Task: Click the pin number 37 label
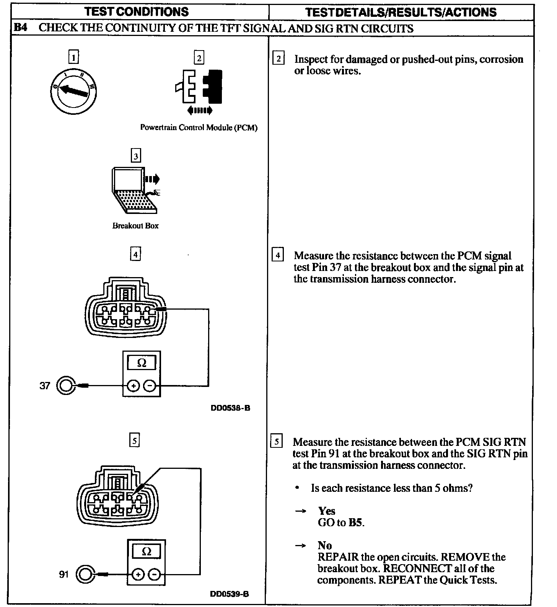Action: point(45,385)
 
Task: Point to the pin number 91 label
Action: point(64,574)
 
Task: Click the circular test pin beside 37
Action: point(66,385)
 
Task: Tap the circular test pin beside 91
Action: point(85,574)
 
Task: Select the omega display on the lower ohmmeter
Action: point(146,552)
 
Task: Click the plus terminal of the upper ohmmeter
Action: point(133,386)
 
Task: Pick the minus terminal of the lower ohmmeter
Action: point(155,574)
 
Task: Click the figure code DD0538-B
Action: point(230,408)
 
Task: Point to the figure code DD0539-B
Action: point(230,594)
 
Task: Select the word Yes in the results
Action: point(327,511)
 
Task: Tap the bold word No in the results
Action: point(324,545)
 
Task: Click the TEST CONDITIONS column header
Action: point(137,12)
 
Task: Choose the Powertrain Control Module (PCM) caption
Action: point(199,127)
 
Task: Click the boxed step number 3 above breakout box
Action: point(136,156)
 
